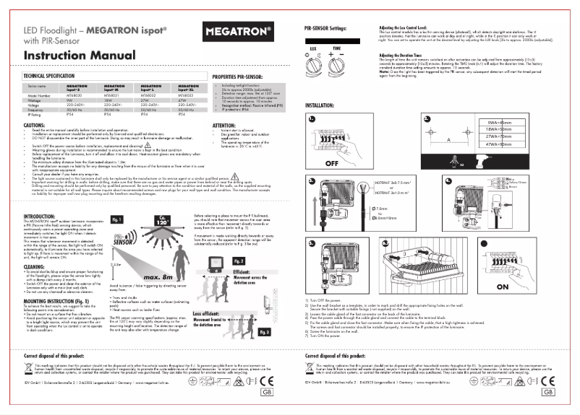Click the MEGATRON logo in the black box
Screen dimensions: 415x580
click(238, 32)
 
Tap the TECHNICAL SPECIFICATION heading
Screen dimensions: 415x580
click(51, 75)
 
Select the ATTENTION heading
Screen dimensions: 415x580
click(224, 125)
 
